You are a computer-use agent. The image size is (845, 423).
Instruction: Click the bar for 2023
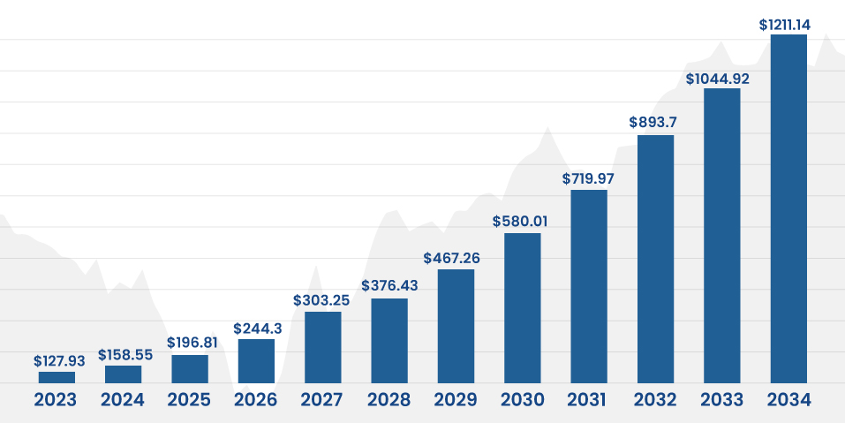click(x=57, y=377)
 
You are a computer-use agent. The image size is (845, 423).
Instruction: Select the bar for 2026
click(x=256, y=361)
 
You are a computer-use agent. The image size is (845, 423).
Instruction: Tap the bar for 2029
click(x=456, y=326)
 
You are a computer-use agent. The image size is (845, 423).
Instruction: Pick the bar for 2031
click(x=589, y=286)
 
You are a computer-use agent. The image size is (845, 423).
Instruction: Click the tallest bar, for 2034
click(x=788, y=208)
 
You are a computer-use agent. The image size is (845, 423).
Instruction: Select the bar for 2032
click(x=655, y=259)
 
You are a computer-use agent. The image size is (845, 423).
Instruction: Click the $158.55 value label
click(x=123, y=355)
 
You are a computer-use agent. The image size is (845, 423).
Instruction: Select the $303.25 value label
click(x=323, y=300)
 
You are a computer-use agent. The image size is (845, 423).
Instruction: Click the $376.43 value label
click(x=389, y=286)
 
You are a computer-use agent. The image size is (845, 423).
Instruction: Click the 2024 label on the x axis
click(x=123, y=400)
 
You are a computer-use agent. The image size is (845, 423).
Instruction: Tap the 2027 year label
click(x=322, y=400)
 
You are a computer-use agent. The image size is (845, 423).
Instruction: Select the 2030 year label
click(x=523, y=400)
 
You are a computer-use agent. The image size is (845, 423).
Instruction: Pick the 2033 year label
click(x=722, y=400)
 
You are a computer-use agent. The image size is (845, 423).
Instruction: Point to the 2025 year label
click(x=189, y=400)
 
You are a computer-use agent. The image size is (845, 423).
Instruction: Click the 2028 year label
click(x=389, y=400)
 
